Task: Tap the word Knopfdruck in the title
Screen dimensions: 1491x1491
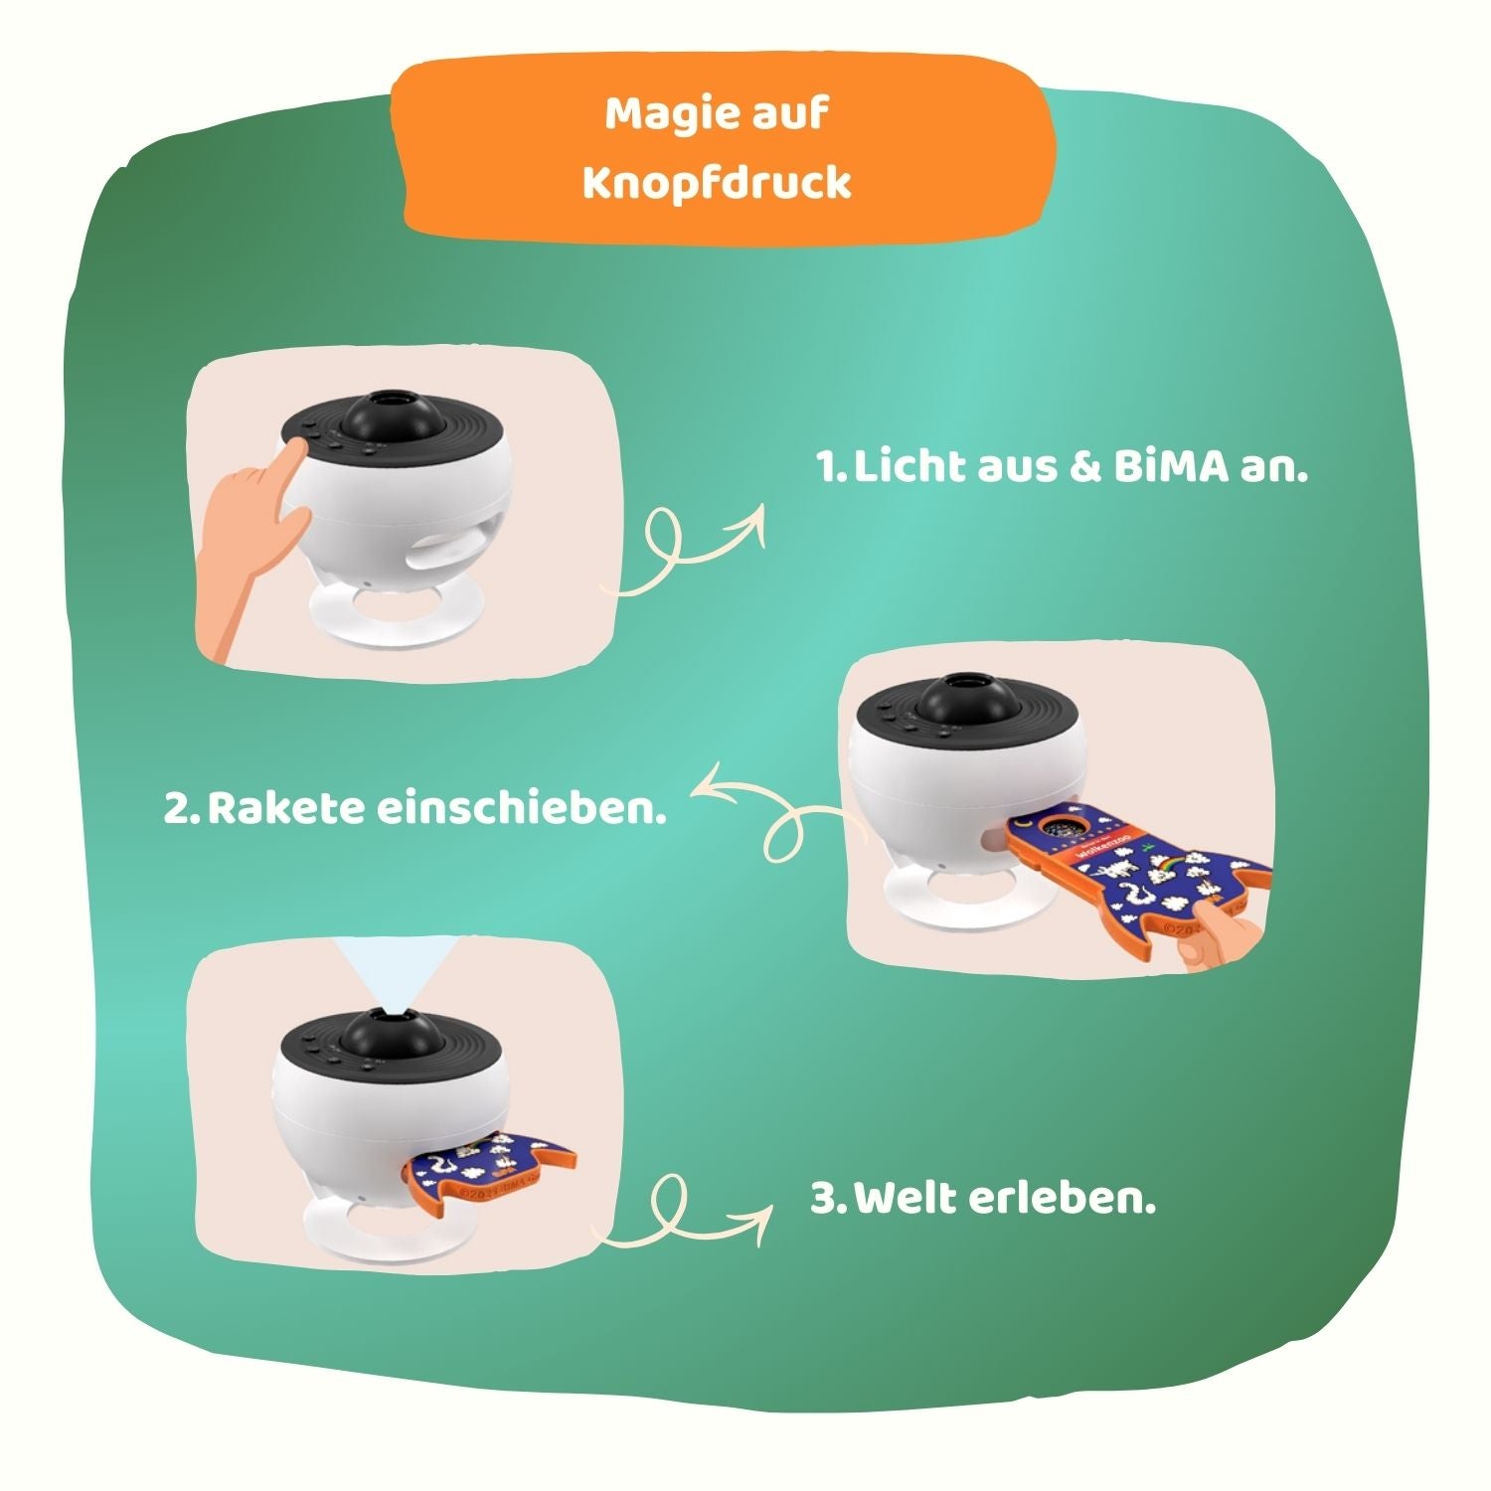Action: click(x=717, y=184)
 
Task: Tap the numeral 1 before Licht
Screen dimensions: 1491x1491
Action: click(x=827, y=468)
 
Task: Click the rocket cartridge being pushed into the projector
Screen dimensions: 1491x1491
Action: click(x=1133, y=865)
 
